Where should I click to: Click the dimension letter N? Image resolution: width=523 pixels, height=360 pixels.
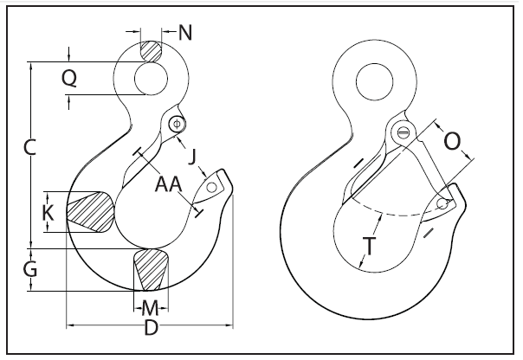tap(185, 34)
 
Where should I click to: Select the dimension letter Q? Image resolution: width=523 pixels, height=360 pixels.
tap(71, 79)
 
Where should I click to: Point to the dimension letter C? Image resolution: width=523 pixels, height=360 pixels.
tap(29, 148)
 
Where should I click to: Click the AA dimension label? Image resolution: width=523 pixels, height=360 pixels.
tap(168, 184)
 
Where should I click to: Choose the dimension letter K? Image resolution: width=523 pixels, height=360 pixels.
tap(48, 212)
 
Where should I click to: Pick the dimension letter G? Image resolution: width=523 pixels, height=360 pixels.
tap(29, 270)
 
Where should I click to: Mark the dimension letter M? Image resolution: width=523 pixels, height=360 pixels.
tap(151, 307)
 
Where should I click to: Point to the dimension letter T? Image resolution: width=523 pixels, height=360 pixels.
tap(371, 247)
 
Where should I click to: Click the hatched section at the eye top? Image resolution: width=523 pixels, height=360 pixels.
tap(152, 51)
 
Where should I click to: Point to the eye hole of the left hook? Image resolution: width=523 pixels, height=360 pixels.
tap(152, 79)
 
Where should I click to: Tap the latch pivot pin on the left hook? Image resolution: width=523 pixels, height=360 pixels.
tap(177, 123)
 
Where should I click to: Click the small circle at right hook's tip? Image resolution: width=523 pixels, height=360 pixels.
tap(442, 204)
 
